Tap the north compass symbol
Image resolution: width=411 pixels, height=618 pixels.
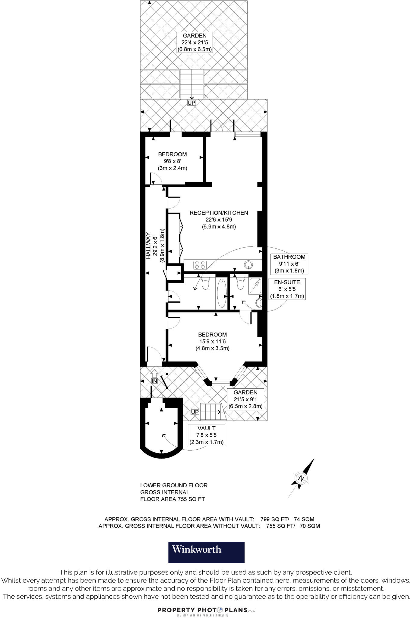coord(301,478)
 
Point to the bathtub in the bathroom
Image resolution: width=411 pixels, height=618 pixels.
coord(222,293)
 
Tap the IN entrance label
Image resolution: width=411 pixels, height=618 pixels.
coord(154,381)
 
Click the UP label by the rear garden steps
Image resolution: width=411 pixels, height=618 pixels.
coord(191,103)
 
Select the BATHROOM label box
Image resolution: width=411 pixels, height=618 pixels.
coord(289,264)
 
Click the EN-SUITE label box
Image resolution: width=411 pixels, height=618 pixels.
coord(287,289)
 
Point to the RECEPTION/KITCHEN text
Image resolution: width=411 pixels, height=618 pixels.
coord(219,213)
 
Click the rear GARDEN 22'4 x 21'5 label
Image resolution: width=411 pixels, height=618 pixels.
coord(194,42)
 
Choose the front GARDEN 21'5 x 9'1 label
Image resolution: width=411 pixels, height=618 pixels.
coord(245,399)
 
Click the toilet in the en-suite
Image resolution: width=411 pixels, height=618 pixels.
coord(240,283)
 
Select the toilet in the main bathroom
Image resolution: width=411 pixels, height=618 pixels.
coord(205,283)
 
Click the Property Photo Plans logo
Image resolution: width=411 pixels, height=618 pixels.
coord(206,610)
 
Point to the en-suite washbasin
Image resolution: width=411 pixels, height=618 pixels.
coord(259,303)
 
